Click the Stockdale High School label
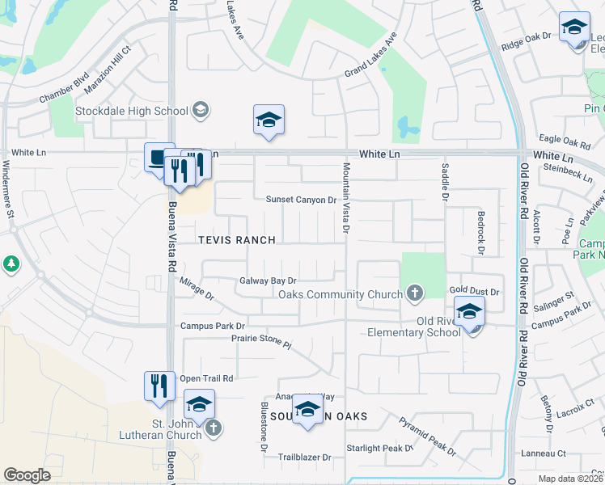click(x=131, y=111)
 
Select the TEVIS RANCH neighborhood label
click(x=237, y=240)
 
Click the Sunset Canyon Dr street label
click(x=301, y=200)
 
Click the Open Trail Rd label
click(x=206, y=378)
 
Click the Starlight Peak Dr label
click(x=379, y=448)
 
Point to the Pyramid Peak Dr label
click(x=428, y=435)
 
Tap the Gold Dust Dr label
click(x=476, y=290)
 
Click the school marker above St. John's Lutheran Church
click(x=200, y=403)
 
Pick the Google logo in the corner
click(x=27, y=475)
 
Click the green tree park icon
click(x=11, y=264)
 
